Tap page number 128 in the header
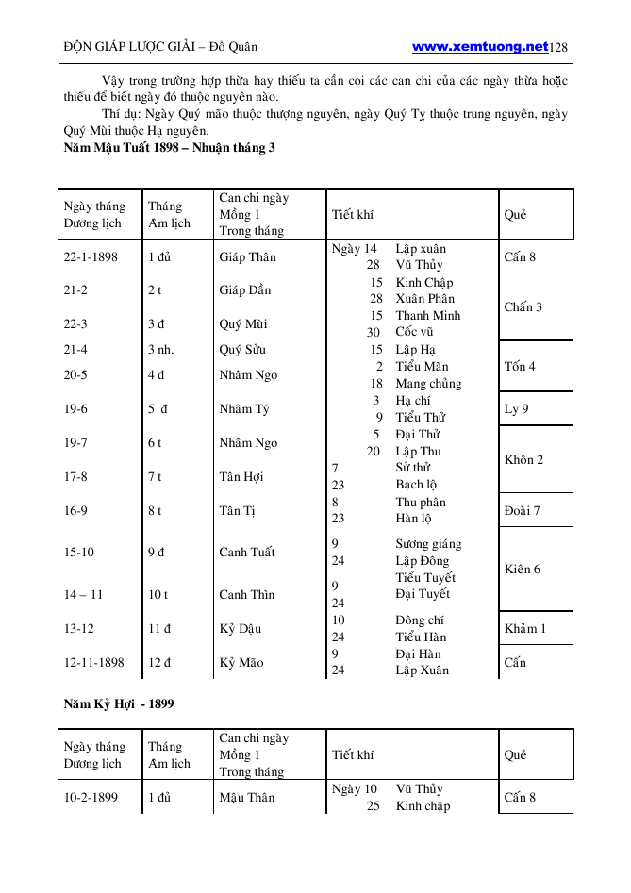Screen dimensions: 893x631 pyautogui.click(x=558, y=47)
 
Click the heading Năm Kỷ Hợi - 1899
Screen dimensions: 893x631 pyautogui.click(x=119, y=703)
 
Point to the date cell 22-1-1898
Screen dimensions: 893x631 pyautogui.click(x=91, y=256)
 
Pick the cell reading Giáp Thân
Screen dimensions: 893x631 pyautogui.click(x=248, y=256)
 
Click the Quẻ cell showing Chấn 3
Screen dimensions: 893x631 pyautogui.click(x=523, y=306)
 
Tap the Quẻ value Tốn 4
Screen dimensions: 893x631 pyautogui.click(x=520, y=366)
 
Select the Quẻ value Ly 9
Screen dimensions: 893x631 pyautogui.click(x=516, y=408)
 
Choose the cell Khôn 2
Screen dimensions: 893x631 pyautogui.click(x=523, y=460)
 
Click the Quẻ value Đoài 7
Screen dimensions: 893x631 pyautogui.click(x=522, y=510)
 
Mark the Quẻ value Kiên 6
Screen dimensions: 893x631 pyautogui.click(x=523, y=569)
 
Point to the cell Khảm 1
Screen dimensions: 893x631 pyautogui.click(x=524, y=628)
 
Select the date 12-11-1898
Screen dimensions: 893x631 pyautogui.click(x=94, y=662)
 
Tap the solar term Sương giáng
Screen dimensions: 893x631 pyautogui.click(x=428, y=544)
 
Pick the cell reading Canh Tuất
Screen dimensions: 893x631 pyautogui.click(x=247, y=553)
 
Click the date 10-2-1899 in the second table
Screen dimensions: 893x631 pyautogui.click(x=91, y=797)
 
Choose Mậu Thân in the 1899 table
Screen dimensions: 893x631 pyautogui.click(x=247, y=797)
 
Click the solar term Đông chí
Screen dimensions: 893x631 pyautogui.click(x=420, y=620)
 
